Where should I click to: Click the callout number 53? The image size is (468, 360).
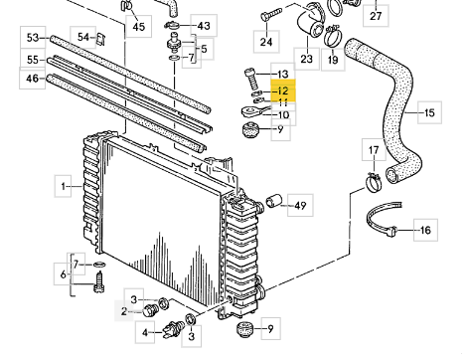33,38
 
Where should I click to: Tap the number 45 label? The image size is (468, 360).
139,26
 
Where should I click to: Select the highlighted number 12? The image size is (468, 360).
283,90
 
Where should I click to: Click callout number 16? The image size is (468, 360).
425,230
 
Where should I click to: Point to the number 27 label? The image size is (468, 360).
376,16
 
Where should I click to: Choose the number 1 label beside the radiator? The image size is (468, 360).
64,187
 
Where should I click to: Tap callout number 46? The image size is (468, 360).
32,79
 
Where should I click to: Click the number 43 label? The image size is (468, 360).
204,26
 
